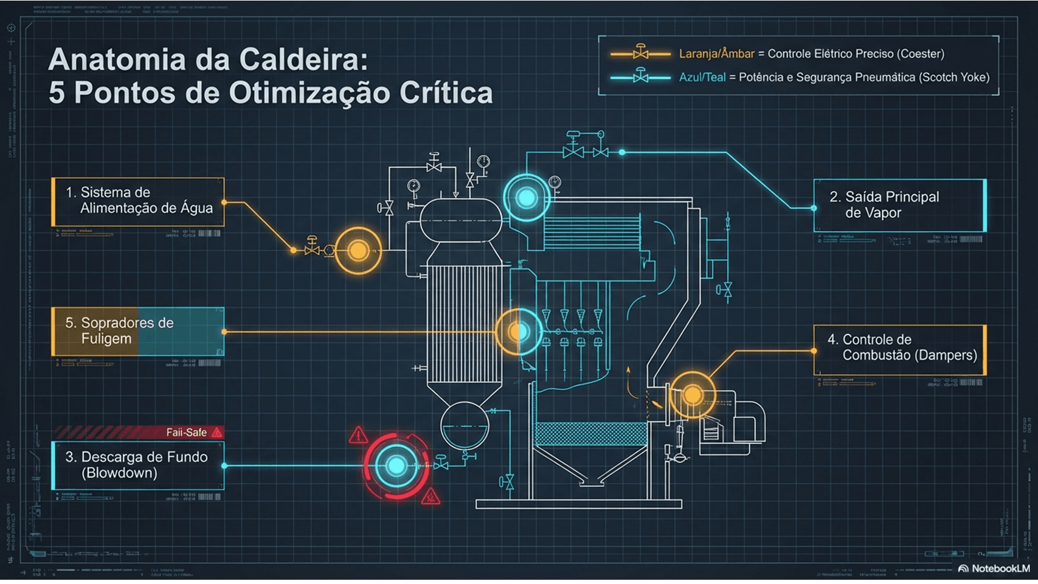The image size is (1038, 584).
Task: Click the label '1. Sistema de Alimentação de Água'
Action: click(139, 201)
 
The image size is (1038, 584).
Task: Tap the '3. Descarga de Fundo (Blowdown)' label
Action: click(139, 465)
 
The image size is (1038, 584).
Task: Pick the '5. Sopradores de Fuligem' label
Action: click(138, 331)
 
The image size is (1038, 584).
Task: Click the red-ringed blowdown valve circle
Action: click(396, 466)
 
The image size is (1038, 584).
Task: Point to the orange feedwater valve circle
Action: click(358, 250)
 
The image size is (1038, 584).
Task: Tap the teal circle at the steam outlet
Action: click(527, 198)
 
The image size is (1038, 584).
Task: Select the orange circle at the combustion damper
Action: click(692, 395)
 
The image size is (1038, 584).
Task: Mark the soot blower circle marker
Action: click(519, 332)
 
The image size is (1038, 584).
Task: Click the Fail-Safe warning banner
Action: click(139, 433)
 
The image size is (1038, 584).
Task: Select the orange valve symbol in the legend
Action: click(640, 53)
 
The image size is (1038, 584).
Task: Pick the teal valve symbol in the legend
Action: click(640, 77)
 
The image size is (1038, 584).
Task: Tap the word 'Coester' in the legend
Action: click(921, 54)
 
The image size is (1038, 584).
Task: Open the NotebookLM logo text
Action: click(1000, 569)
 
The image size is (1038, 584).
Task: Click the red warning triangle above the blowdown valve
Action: click(358, 435)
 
